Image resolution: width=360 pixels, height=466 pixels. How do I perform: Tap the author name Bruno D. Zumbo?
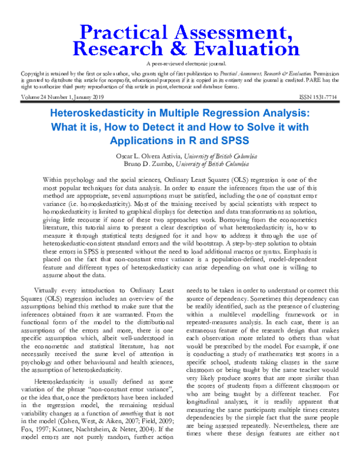152,164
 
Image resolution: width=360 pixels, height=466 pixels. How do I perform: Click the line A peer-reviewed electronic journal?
179,64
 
